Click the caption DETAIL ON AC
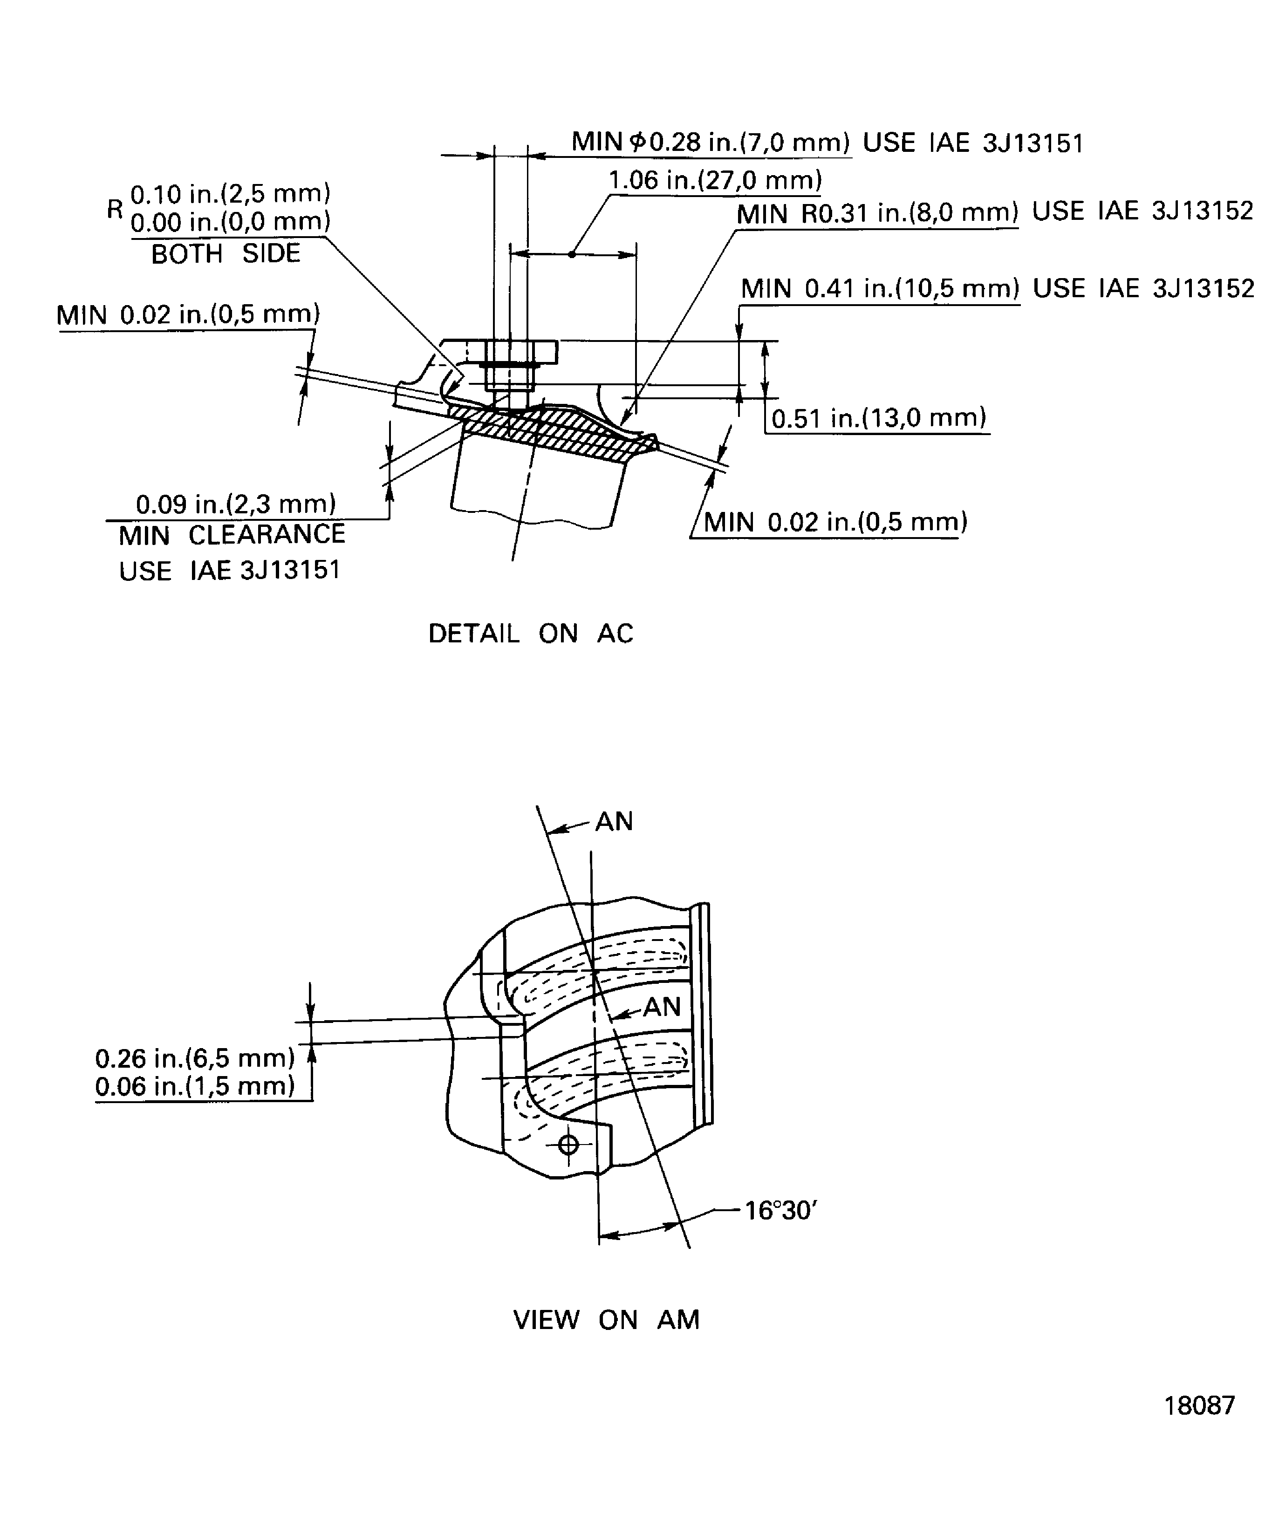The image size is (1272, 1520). [x=531, y=634]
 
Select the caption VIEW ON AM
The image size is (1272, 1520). [x=606, y=1320]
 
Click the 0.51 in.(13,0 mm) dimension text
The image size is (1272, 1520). [x=879, y=418]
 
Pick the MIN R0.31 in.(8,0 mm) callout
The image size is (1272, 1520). [x=877, y=213]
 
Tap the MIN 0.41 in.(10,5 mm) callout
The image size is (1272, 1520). [x=880, y=289]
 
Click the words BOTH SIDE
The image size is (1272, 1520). [x=225, y=253]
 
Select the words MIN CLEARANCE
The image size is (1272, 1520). [x=232, y=535]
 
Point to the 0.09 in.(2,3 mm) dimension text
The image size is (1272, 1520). [x=236, y=504]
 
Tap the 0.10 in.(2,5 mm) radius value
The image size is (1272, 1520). [x=230, y=194]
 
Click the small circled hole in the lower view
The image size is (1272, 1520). [x=568, y=1145]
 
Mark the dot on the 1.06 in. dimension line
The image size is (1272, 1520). [x=572, y=254]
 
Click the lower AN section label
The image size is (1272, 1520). [x=662, y=1007]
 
